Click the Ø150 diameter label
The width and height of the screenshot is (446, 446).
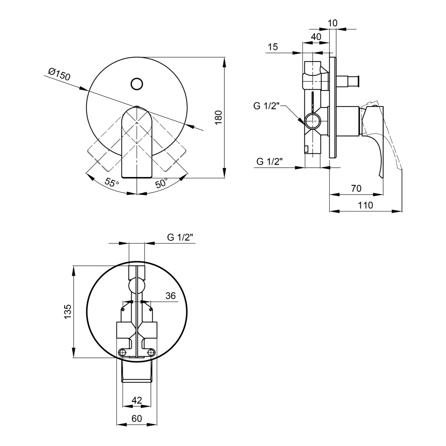59,74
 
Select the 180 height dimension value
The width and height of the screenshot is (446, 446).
219,117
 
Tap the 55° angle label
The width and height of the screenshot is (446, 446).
112,182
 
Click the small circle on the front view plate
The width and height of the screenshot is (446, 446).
137,84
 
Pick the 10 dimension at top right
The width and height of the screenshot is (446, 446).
333,23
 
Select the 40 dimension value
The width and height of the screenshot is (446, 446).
316,37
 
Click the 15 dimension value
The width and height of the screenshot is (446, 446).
273,47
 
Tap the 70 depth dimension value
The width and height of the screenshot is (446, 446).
356,188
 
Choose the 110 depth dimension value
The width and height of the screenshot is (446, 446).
365,205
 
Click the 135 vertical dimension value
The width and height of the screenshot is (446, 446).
68,311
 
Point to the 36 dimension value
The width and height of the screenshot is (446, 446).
170,296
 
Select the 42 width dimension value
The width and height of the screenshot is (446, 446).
137,400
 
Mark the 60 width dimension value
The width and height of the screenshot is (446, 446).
137,418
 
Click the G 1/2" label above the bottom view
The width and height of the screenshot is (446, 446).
180,237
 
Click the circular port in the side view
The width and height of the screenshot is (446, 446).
313,121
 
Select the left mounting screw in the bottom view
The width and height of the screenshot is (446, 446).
123,352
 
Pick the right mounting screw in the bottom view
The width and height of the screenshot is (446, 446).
151,352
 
